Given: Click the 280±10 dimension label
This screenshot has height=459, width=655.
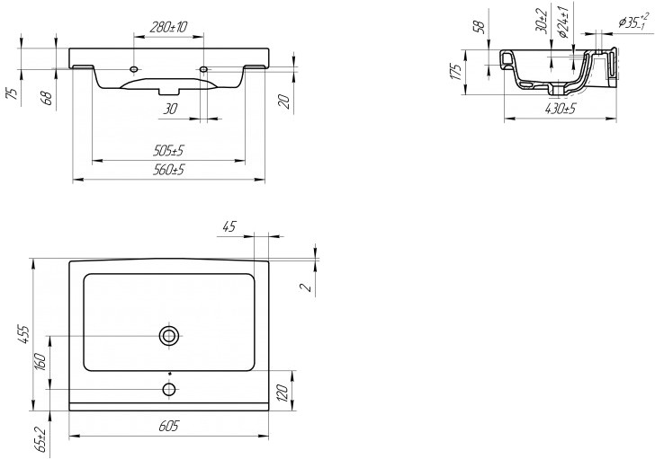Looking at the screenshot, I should point(168,28).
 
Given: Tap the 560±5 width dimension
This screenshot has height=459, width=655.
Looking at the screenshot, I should point(168,170).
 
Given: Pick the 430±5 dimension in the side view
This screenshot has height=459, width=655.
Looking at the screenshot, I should point(561,109).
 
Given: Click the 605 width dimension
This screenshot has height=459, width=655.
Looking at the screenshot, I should point(168,427).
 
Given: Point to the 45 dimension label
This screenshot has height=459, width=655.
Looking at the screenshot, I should point(229,227).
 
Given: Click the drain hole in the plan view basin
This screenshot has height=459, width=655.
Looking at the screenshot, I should point(168,336).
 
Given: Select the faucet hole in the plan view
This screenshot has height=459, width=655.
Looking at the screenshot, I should point(168,389).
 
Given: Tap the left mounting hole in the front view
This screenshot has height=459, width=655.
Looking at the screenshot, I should point(134,68).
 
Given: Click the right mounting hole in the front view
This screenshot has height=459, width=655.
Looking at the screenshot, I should point(204,68).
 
